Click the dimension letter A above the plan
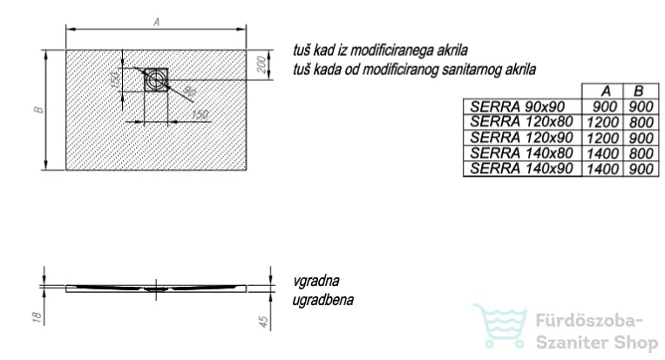coord(157,22)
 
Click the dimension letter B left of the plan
coord(39,110)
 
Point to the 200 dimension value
coord(262,65)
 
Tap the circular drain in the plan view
coord(155,79)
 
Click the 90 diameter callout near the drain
coord(190,92)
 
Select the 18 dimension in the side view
coord(37,316)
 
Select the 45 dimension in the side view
coord(263,322)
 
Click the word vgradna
coord(316,282)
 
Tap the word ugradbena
coord(322,300)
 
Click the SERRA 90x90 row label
coord(518,106)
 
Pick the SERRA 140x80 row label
coord(521,153)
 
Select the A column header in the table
coord(606,92)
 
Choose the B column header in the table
coord(638,92)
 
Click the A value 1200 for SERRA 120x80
coord(602,123)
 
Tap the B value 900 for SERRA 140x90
coord(641,169)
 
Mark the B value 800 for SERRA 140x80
coord(641,153)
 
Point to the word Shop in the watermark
coord(633,343)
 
